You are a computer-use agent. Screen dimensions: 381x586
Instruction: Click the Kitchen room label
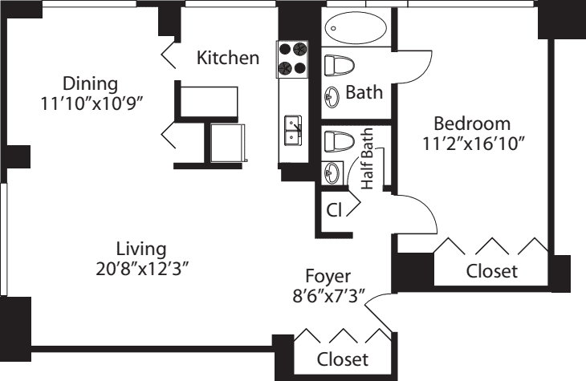click(228, 58)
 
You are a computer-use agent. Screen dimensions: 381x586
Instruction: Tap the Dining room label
click(91, 83)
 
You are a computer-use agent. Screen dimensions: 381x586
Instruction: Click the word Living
click(140, 248)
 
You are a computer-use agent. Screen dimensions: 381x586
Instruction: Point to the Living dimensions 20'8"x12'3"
click(140, 268)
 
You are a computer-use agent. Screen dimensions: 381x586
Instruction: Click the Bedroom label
click(472, 124)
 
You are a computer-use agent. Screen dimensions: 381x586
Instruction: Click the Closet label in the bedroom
click(492, 271)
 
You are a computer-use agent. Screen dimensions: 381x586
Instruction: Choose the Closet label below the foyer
click(343, 359)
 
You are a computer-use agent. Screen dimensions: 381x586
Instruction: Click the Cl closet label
click(334, 210)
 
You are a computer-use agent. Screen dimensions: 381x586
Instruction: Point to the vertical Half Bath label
click(368, 160)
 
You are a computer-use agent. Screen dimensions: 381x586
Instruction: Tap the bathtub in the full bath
click(356, 28)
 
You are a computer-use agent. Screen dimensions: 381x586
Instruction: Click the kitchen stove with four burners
click(293, 58)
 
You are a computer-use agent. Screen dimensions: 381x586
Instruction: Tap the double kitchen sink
click(292, 131)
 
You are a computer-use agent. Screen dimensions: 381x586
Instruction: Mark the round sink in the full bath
click(332, 96)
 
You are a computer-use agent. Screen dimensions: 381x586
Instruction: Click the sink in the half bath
click(332, 171)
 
